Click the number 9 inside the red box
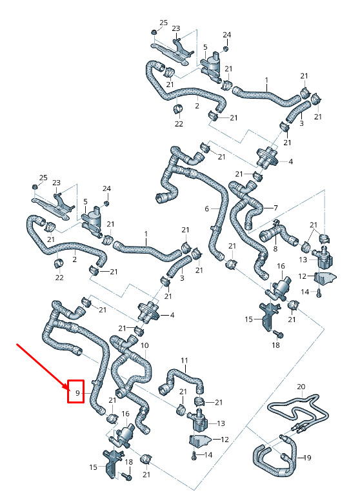[77, 393]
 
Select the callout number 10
[145, 345]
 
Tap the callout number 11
[185, 360]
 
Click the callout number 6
[206, 208]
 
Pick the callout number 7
[275, 208]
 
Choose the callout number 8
[275, 249]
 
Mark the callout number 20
[301, 387]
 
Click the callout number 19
[307, 458]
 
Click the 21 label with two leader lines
[314, 225]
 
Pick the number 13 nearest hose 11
[221, 423]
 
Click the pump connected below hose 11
[198, 420]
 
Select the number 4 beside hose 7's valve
[290, 161]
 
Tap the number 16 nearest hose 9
[126, 414]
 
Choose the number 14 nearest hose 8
[305, 291]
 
